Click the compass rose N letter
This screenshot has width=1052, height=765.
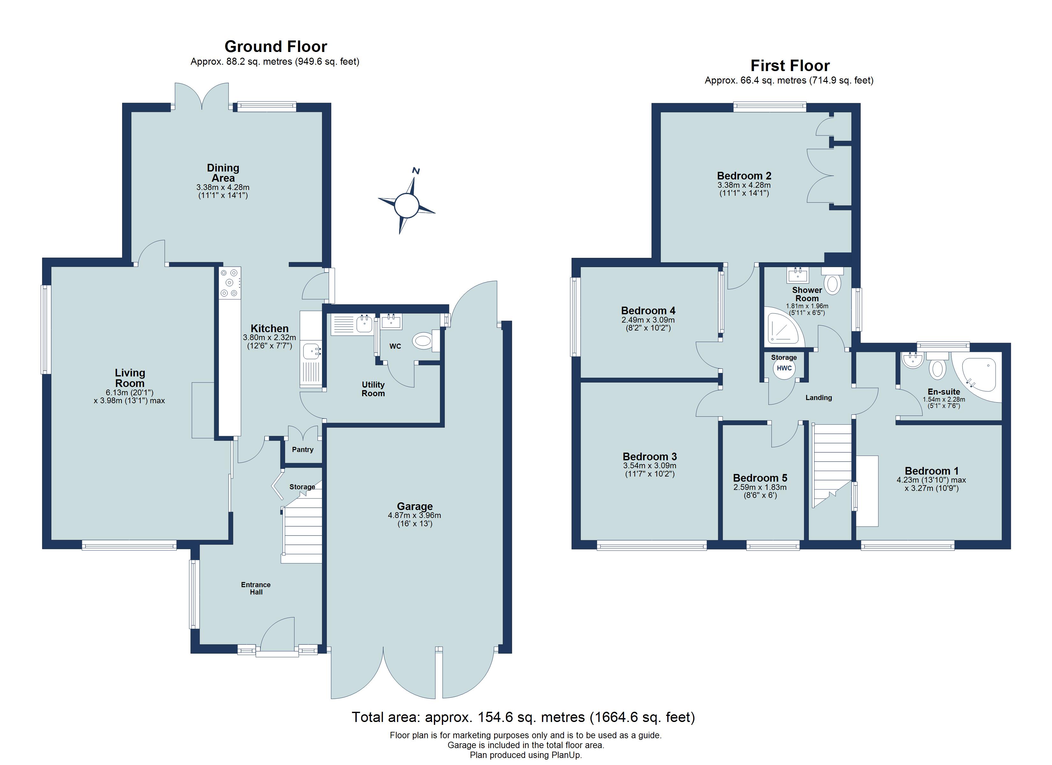(x=416, y=171)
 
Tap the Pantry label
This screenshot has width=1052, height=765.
(x=303, y=449)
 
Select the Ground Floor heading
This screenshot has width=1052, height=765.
(x=275, y=47)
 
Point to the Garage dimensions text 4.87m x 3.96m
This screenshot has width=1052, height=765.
(x=414, y=515)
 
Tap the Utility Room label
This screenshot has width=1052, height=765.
(x=373, y=389)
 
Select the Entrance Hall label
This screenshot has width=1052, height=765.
(x=256, y=588)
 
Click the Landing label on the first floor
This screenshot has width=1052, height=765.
(x=818, y=397)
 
